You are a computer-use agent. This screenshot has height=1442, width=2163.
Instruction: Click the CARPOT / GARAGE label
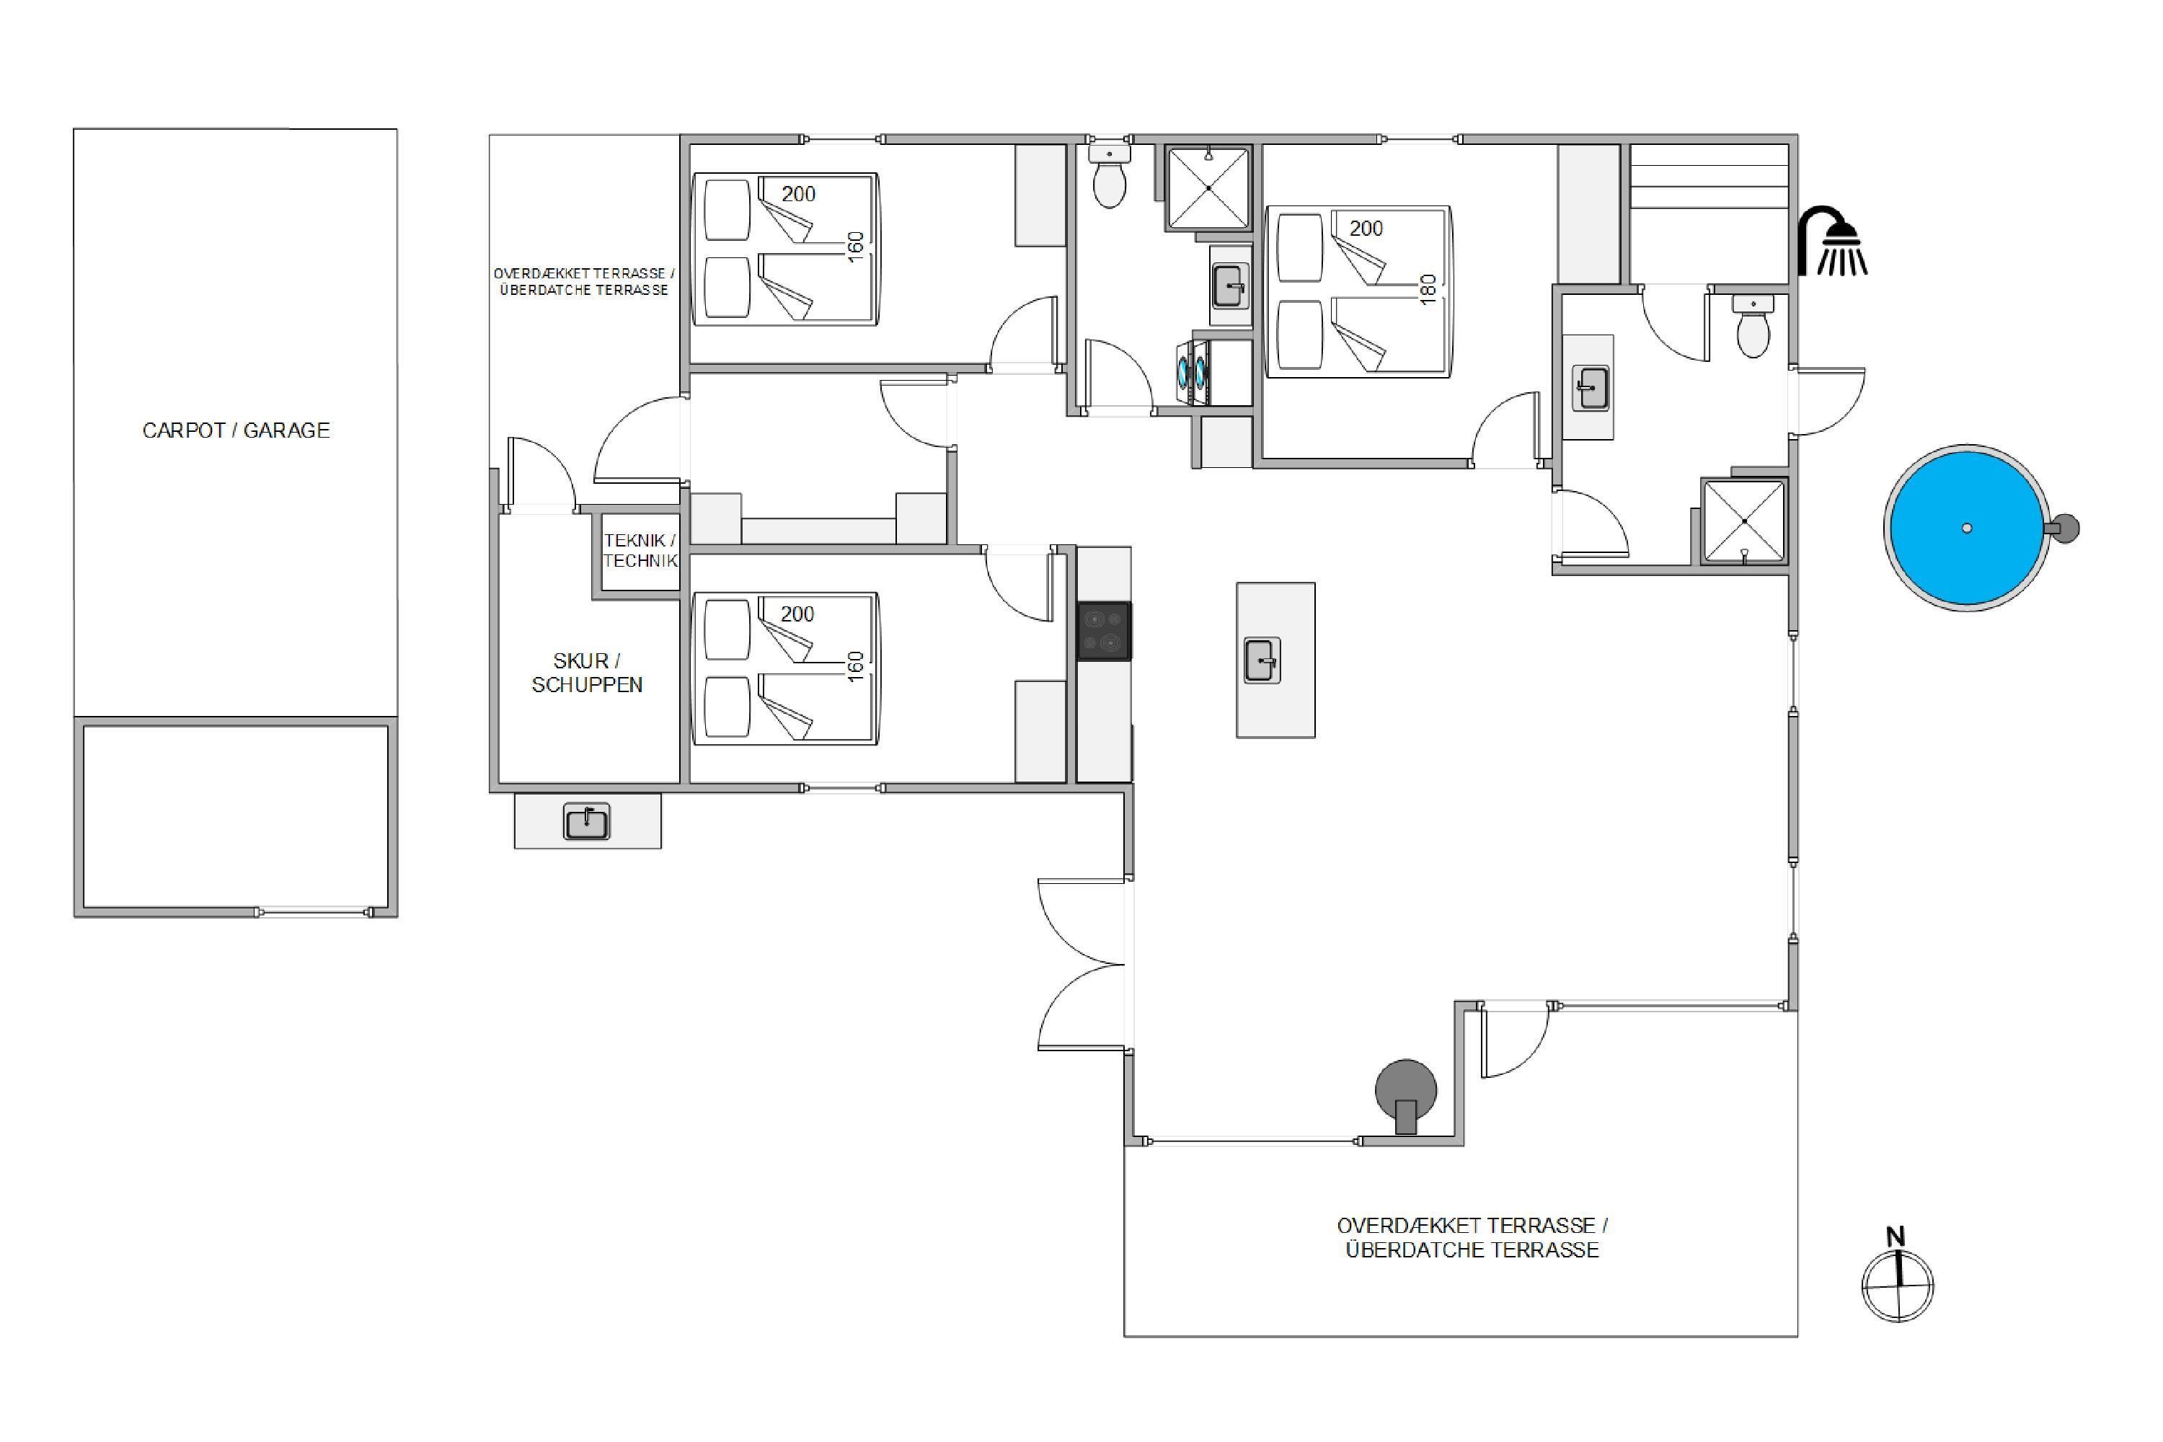pos(236,430)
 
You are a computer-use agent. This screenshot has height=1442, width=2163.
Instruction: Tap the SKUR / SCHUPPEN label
pos(587,672)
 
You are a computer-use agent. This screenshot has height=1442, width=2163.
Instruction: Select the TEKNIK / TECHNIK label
pos(640,550)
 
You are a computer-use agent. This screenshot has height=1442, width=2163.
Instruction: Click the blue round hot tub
pos(1966,528)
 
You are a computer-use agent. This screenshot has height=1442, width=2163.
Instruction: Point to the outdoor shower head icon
pos(1832,241)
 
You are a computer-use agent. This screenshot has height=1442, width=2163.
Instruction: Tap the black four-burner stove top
pos(1104,631)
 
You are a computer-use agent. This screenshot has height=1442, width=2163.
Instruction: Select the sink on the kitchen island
pos(1262,660)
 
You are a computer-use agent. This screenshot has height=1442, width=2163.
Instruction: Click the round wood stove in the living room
pos(1405,1094)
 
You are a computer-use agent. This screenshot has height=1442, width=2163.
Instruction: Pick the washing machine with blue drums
pos(1192,373)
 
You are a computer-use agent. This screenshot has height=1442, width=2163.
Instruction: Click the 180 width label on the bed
pos(1428,289)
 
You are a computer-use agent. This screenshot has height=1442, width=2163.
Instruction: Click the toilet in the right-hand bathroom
pos(1753,327)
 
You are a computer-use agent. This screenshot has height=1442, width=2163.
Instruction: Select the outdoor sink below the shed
pos(587,821)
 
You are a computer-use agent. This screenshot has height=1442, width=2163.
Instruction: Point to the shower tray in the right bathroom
pos(1743,521)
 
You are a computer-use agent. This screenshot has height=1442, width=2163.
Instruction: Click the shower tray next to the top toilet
pos(1208,187)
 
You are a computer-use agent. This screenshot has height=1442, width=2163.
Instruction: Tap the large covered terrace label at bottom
pos(1472,1238)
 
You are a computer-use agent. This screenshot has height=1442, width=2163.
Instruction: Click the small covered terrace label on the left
pos(584,281)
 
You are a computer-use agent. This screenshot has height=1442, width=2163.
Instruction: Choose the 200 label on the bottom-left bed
pos(797,614)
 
